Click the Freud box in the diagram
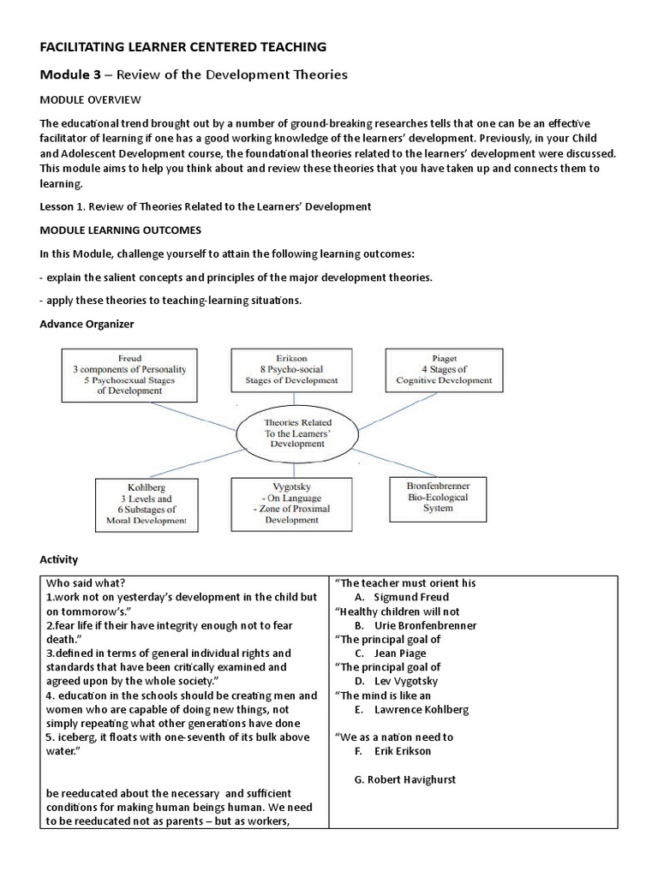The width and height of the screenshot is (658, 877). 129,373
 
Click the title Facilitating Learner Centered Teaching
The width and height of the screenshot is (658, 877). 184,46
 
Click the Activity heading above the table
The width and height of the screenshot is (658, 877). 59,559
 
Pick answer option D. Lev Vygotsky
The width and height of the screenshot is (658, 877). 395,681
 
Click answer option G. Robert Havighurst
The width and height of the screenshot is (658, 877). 405,779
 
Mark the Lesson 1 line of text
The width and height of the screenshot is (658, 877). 206,206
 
